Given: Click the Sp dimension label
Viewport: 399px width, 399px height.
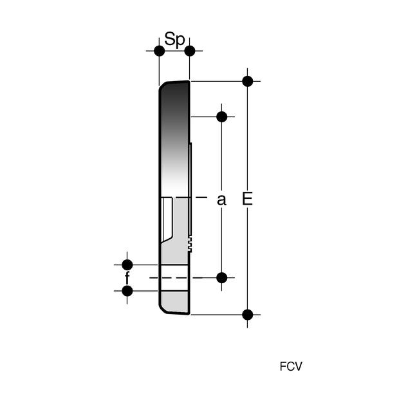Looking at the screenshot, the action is [174, 39].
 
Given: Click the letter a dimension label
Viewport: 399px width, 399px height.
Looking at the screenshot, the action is [221, 199].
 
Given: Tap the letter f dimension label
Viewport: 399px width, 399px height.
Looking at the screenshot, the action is [127, 277].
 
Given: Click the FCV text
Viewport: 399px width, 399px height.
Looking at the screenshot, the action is [291, 366].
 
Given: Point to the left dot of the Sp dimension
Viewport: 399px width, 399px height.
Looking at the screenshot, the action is [160, 51].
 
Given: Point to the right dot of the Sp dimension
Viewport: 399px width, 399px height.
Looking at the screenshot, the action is [190, 51].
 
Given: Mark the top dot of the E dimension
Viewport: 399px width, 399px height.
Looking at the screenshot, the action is [248, 82].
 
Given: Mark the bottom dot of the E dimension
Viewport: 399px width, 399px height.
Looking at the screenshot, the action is [248, 315].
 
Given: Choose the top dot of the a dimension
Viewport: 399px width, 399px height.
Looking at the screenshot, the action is [221, 116].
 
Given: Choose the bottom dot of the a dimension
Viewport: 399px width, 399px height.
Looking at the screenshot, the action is [221, 277].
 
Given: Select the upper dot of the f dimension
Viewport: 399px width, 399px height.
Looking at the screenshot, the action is [127, 264].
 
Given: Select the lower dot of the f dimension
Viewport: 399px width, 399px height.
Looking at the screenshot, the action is [127, 291].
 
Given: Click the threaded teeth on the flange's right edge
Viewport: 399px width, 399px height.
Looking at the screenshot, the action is [190, 244].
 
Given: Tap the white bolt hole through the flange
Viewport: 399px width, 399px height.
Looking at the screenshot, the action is [174, 277].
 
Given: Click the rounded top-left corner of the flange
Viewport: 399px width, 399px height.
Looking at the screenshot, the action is [162, 86].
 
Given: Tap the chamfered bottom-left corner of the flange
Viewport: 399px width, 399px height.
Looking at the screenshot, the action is [163, 309].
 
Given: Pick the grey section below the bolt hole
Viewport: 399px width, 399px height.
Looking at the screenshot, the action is [175, 302].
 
